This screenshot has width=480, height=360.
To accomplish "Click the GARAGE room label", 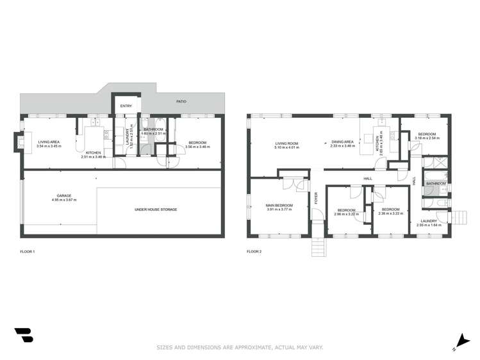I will pos(63,196).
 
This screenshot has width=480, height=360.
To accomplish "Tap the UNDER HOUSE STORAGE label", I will pos(156,209).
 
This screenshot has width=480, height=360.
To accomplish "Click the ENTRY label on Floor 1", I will pos(126,106).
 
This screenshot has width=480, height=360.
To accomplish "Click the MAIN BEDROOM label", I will pos(279,205).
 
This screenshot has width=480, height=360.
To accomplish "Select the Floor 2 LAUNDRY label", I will pos(429,221).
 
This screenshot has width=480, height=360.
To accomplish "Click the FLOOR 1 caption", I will pos(27,252).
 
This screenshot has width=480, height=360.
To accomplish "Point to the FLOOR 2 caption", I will pos(254,252).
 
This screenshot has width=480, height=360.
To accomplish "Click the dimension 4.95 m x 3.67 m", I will pos(63,200).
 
